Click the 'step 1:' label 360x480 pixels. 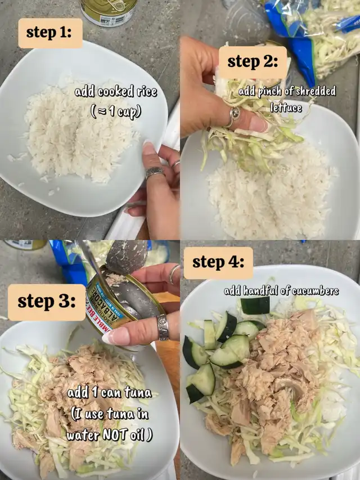point(50,33)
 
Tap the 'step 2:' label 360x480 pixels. point(253,62)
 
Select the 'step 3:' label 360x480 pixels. point(47,302)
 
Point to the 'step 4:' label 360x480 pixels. point(218,263)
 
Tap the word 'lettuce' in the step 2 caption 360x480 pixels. point(286,107)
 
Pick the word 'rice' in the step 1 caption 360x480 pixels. point(146,92)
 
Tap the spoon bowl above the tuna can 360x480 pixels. point(127,257)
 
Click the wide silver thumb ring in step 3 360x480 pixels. point(163,328)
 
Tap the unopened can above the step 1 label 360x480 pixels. point(109,12)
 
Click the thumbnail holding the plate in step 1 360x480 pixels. point(149,148)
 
